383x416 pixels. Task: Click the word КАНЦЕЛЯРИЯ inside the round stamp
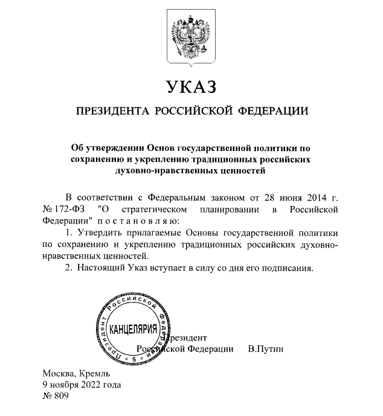click(132, 330)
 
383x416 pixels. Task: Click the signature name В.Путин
click(266, 349)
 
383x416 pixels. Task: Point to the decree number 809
click(62, 397)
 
